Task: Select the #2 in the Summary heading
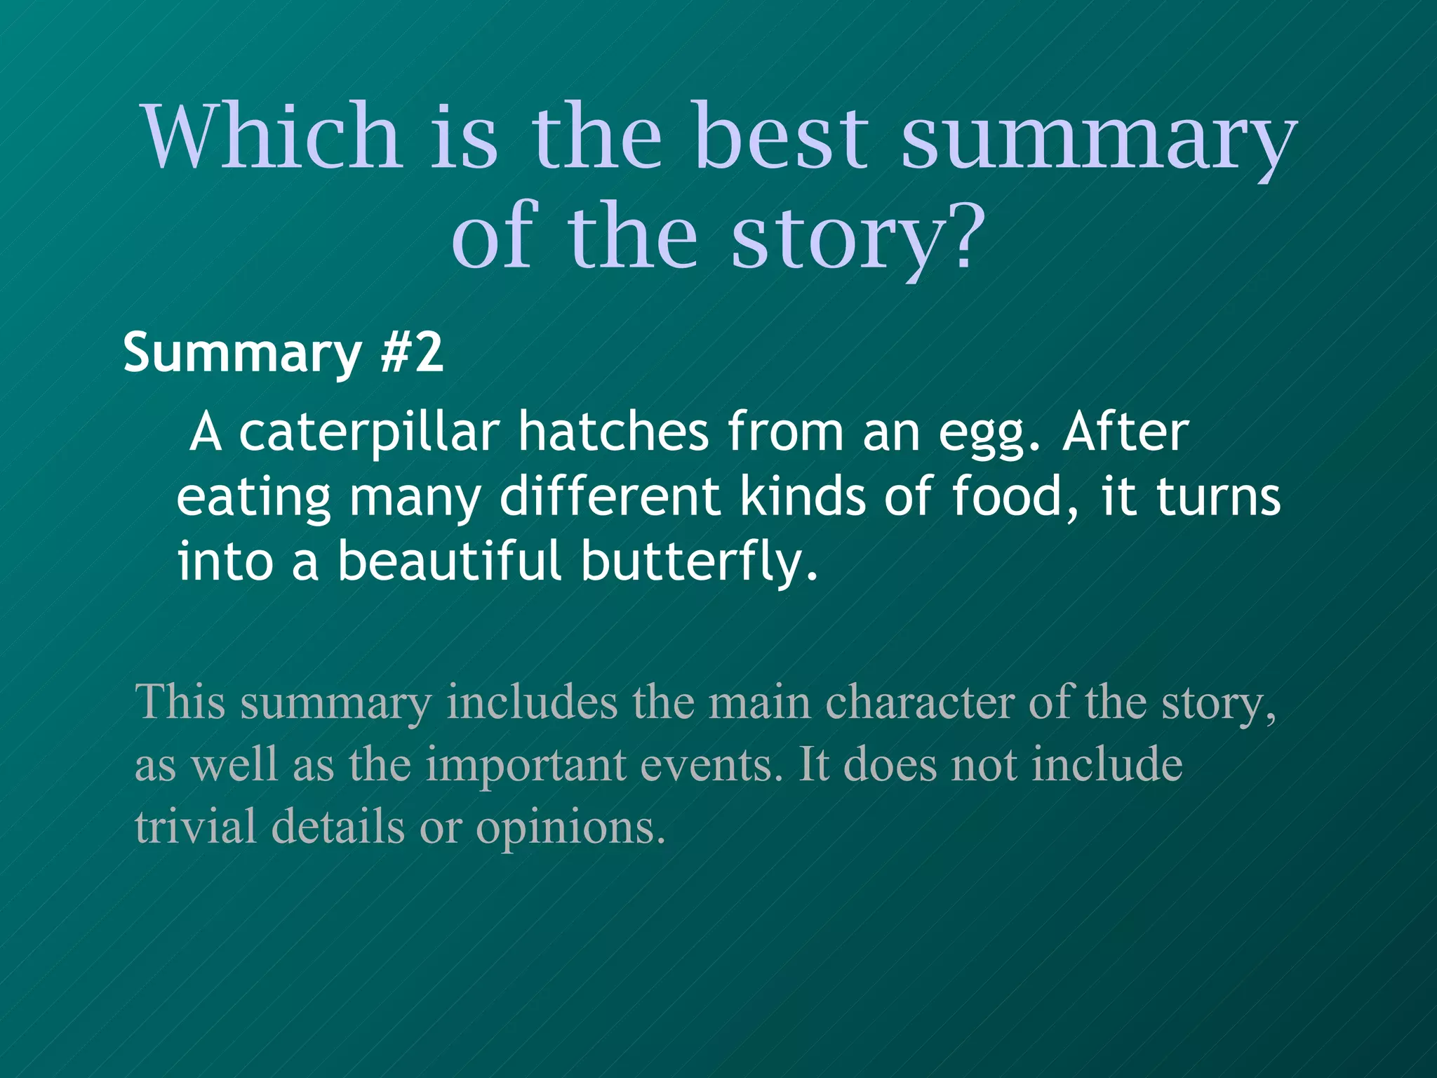tap(412, 352)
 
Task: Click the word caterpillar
tap(369, 434)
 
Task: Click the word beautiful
tap(449, 561)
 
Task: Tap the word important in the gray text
tap(526, 765)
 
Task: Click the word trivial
tap(195, 827)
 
